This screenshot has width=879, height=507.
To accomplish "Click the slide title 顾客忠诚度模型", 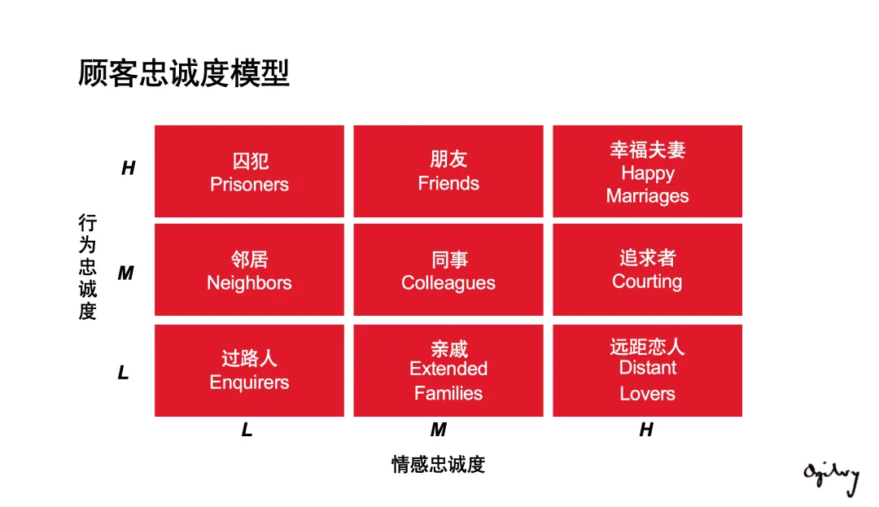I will (x=184, y=73).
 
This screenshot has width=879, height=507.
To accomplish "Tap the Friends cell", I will (x=448, y=171).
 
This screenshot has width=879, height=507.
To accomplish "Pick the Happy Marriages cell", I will (x=647, y=171).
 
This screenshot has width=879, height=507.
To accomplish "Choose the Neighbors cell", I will (x=249, y=270).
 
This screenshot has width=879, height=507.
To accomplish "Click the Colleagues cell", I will (x=448, y=270).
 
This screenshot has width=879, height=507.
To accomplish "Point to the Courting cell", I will (x=647, y=270).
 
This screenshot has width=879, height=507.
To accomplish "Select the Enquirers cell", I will (x=249, y=370).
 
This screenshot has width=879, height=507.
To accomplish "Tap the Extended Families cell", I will (x=448, y=370).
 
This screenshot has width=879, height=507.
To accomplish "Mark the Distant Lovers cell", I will (x=647, y=370).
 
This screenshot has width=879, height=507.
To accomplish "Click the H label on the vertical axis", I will (x=128, y=169).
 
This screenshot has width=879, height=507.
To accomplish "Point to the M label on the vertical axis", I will (x=125, y=273).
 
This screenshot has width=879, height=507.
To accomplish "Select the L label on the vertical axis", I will (x=124, y=374).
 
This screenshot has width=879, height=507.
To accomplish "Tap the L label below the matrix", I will (x=247, y=431).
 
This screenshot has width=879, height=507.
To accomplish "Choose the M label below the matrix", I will (x=439, y=431).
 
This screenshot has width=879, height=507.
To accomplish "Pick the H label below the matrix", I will (x=646, y=431).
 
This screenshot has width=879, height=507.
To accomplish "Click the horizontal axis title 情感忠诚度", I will (x=439, y=465).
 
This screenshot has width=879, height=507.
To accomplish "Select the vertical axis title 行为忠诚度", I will (x=88, y=267).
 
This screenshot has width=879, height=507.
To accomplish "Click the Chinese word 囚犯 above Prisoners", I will (x=250, y=160).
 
